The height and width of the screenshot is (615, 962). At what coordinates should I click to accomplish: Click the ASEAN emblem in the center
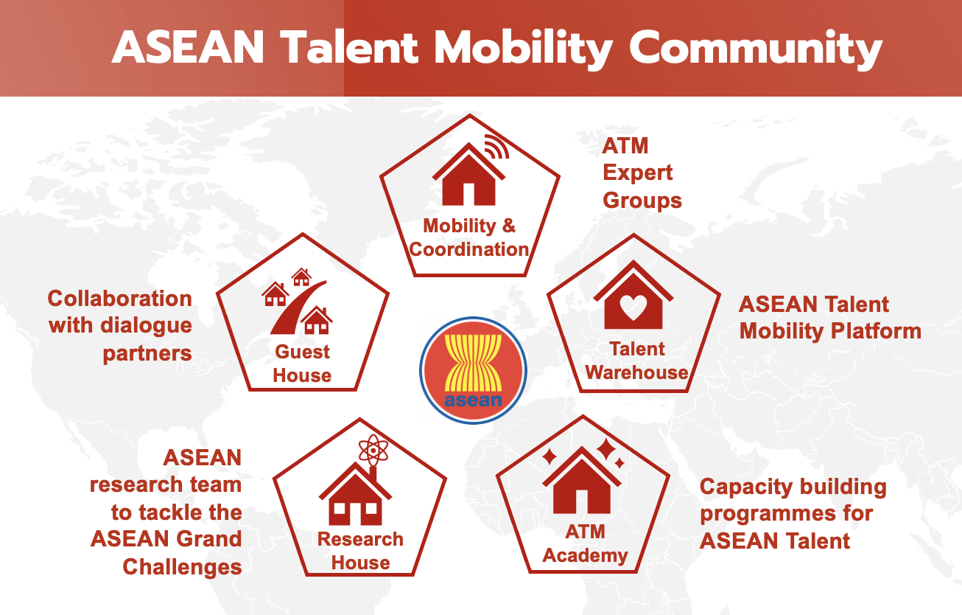474,370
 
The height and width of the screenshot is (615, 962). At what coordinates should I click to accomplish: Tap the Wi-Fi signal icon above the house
497,147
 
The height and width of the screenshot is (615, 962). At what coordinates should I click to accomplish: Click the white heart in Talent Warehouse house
633,307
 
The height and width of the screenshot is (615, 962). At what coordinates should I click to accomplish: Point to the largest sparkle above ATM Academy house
607,450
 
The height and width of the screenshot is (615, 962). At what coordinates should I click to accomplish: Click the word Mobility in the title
524,49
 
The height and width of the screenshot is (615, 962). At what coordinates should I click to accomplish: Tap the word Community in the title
756,49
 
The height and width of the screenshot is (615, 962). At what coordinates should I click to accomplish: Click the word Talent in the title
350,47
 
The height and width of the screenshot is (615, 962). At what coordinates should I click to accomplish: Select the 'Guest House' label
302,364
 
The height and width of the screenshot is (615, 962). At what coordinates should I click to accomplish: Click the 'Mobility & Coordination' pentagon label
469,237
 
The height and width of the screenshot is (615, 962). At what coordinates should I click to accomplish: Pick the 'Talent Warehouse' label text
637,361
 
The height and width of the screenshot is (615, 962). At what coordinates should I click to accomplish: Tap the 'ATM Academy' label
585,543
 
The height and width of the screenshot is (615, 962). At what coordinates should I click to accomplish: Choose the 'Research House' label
360,551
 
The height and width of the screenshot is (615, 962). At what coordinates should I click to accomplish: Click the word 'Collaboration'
119,298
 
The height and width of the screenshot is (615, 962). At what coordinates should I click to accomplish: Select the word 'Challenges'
182,567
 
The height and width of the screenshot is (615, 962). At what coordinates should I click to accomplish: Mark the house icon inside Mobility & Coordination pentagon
468,174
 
